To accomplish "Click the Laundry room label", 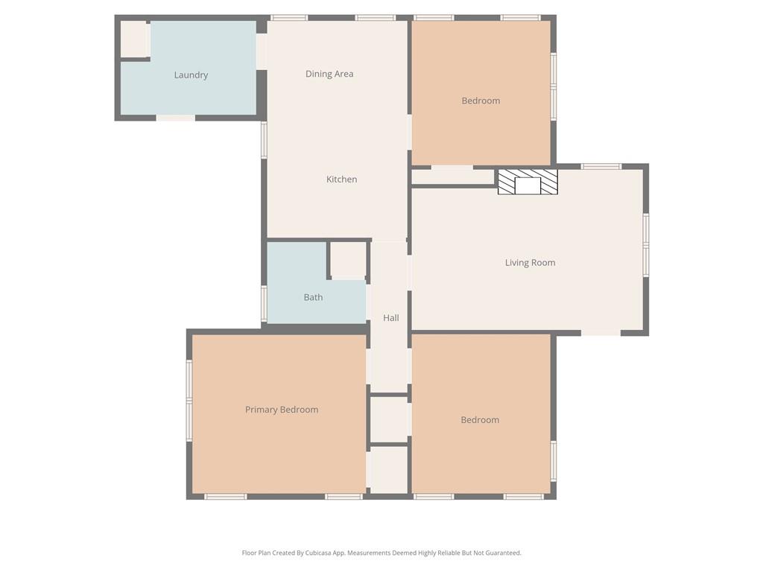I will (x=191, y=75).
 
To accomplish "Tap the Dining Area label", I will (x=329, y=74).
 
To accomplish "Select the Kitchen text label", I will (x=341, y=179).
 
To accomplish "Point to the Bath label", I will (x=313, y=297).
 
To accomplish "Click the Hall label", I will (x=390, y=318).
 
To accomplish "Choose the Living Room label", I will (x=530, y=263).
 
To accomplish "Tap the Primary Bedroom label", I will (x=282, y=410).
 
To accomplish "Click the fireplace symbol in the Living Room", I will (x=528, y=182).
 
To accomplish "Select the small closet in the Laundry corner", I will (x=135, y=39).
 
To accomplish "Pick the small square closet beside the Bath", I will (x=348, y=260).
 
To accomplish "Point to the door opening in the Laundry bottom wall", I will (x=176, y=118).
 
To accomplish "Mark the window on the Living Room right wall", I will (x=646, y=244).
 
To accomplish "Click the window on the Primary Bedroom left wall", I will (x=189, y=400).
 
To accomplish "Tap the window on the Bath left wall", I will (x=264, y=304).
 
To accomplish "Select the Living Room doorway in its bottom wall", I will (x=601, y=333).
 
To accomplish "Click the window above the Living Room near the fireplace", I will (x=601, y=167).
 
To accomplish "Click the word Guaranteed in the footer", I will (x=503, y=553).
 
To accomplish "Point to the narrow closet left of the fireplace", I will (x=453, y=177).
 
